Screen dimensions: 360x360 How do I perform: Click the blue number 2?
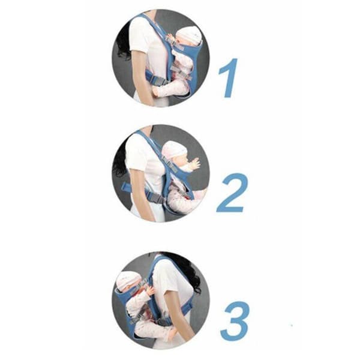pyautogui.click(x=232, y=193)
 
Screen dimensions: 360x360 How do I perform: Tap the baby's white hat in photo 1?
pyautogui.click(x=189, y=36)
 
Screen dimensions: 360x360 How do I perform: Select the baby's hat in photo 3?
pyautogui.click(x=127, y=281)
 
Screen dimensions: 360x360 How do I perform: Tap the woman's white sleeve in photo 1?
pyautogui.click(x=138, y=34)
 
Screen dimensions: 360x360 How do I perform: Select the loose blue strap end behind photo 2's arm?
pyautogui.click(x=126, y=187)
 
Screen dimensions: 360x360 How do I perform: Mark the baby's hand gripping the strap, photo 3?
pyautogui.click(x=151, y=290)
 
